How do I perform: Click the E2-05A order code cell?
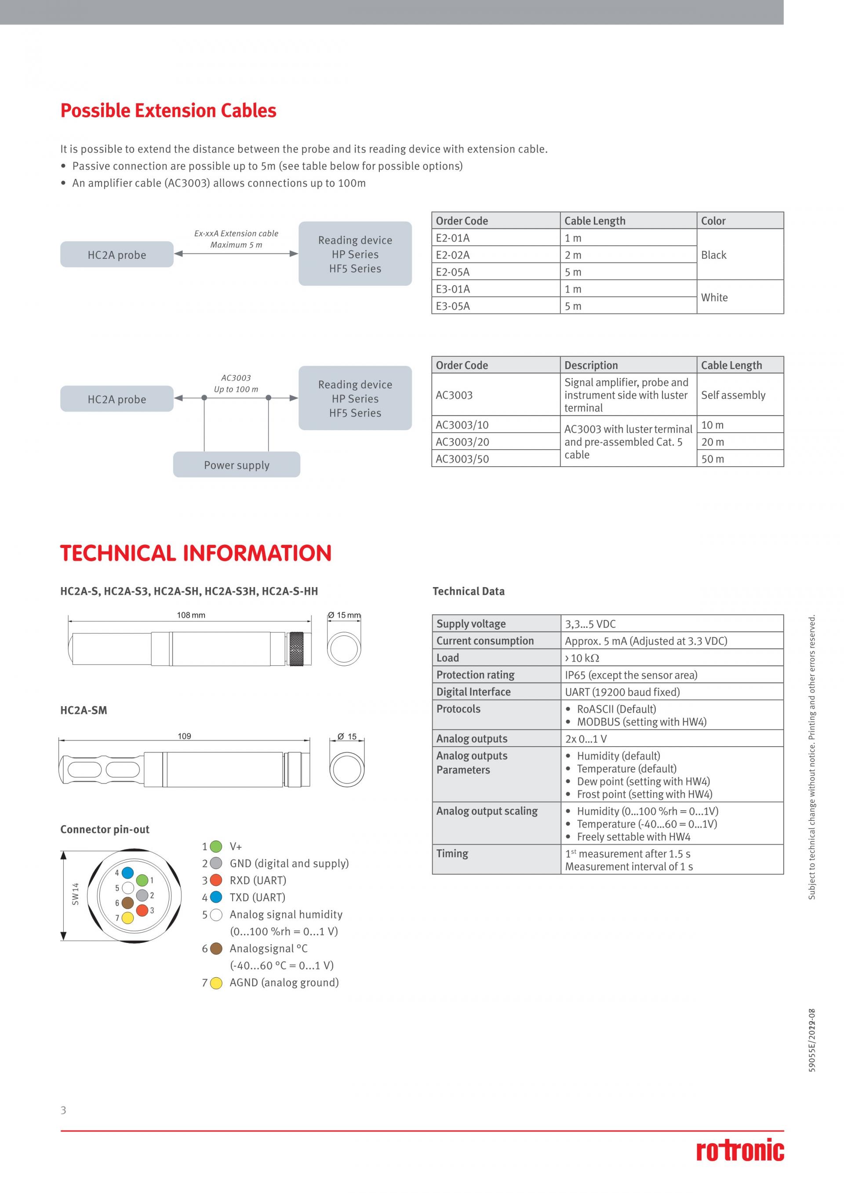coord(495,272)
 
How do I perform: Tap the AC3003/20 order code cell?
coord(495,442)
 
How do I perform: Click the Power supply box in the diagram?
coord(236,465)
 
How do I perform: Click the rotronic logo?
coord(740,1151)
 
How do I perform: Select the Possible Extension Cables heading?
coord(168,111)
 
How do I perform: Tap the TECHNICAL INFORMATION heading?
coord(196,553)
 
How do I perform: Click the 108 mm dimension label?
coord(191,615)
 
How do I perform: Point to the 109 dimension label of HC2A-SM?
coord(185,736)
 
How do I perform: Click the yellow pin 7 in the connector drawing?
coord(127,917)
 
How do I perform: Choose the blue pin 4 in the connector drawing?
coord(127,873)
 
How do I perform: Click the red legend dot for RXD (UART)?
coord(216,880)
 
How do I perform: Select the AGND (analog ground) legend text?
coord(284,983)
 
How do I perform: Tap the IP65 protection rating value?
coord(631,675)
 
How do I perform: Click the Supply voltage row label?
coord(471,624)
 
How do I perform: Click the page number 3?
coord(63,1110)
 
